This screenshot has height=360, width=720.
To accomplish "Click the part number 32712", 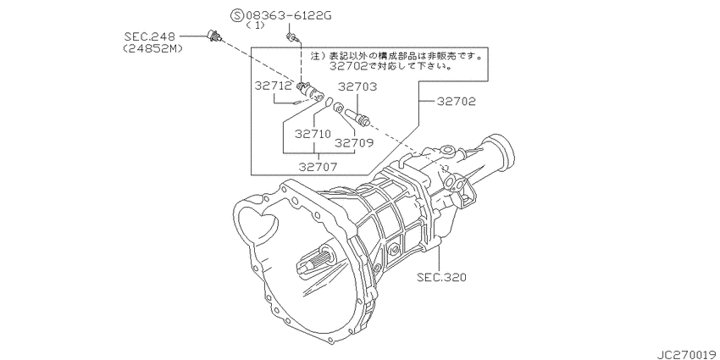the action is coord(274,85).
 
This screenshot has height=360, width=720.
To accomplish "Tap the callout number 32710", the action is coord(313,134).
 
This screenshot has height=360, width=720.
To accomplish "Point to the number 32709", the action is coord(353,143).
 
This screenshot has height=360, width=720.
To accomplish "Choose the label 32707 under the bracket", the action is coord(318,167).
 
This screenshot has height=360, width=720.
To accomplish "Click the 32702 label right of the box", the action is coord(456,102).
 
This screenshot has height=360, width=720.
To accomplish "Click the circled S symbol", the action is coord(236,17).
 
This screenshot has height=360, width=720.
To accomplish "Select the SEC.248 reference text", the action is coord(150,36).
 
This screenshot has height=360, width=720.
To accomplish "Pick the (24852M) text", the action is coord(152,47).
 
